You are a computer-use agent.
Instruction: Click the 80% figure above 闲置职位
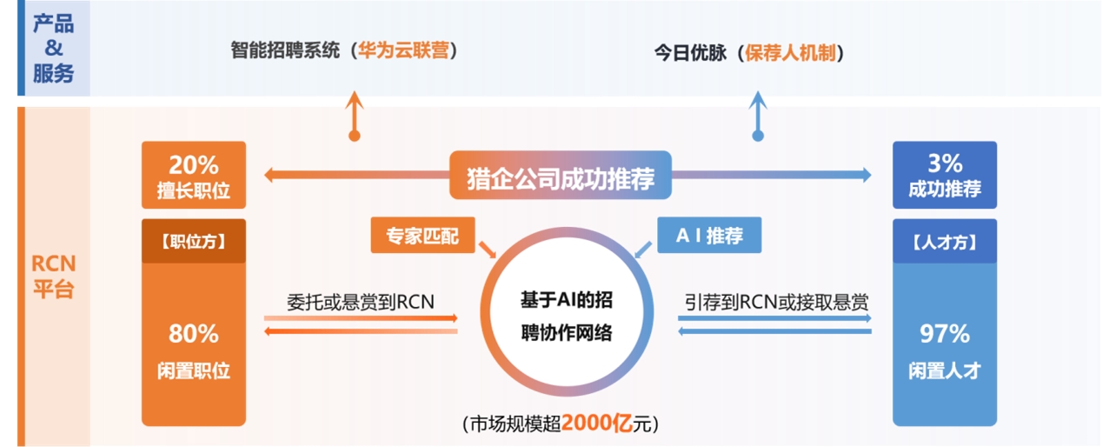tap(194, 333)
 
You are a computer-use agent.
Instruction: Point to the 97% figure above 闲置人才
tap(944, 333)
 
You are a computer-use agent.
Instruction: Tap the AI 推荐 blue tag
tap(708, 235)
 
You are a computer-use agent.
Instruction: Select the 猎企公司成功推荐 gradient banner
tap(561, 176)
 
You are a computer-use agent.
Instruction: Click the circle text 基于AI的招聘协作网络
tap(566, 317)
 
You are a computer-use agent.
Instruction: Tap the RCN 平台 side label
tap(53, 277)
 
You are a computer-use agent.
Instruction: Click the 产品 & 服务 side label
tap(53, 49)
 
